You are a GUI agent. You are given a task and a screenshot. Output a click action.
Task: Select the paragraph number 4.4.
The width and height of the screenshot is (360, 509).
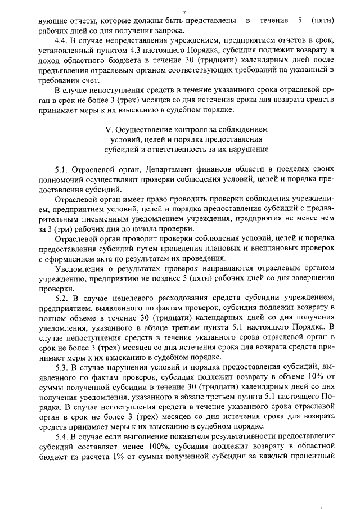[x=61, y=41]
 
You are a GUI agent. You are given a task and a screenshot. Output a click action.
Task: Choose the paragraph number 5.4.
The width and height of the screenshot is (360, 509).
[x=61, y=438]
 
